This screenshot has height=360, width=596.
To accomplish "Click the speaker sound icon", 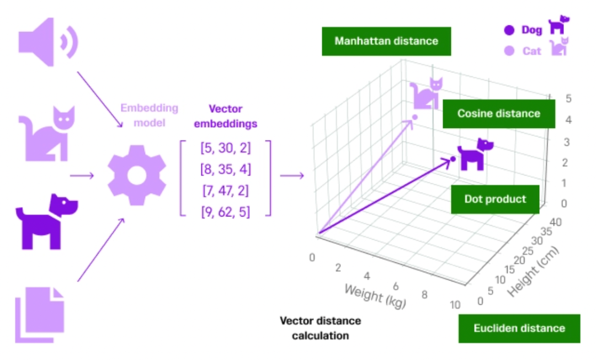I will (47, 42).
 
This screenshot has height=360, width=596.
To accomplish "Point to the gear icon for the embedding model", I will (136, 176).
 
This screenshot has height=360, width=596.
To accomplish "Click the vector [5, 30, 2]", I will (225, 149).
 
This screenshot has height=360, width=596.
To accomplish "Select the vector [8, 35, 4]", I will (225, 170).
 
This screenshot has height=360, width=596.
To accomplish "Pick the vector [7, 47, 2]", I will (225, 190).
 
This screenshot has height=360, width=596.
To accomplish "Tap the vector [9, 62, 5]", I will (225, 211).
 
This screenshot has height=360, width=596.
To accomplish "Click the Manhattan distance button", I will (386, 41).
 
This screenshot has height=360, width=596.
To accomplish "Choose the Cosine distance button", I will (498, 114).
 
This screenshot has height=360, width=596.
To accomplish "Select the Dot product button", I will (494, 199).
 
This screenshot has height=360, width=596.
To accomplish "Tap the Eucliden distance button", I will (519, 329).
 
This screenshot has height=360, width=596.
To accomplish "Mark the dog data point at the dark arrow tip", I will (453, 159).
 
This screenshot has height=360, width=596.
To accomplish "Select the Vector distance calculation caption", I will (320, 328).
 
